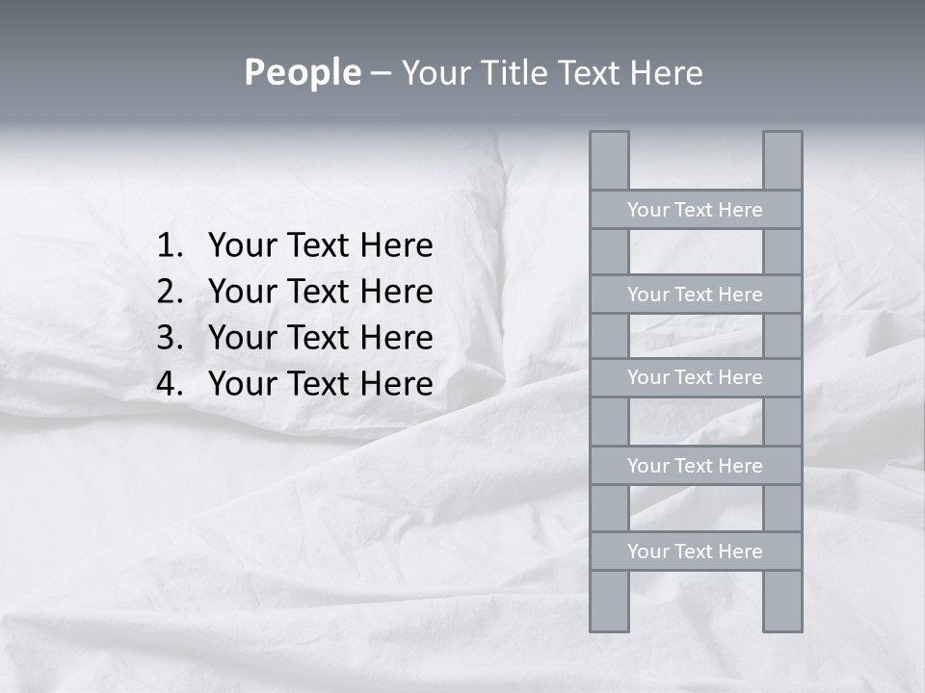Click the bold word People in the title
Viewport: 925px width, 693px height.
[302, 73]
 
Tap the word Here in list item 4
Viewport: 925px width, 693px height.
[396, 384]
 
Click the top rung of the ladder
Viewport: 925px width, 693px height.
[695, 210]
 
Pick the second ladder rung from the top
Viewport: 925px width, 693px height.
[695, 295]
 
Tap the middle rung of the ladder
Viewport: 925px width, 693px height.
[695, 377]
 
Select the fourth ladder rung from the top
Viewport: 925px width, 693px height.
[695, 466]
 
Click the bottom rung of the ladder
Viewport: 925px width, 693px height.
[695, 552]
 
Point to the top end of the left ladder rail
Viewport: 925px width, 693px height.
[609, 138]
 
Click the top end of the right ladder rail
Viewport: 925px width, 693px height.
[782, 138]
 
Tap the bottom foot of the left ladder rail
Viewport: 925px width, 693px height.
[609, 626]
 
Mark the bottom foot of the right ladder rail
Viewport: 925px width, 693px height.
[782, 626]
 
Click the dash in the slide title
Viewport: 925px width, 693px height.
[381, 73]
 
